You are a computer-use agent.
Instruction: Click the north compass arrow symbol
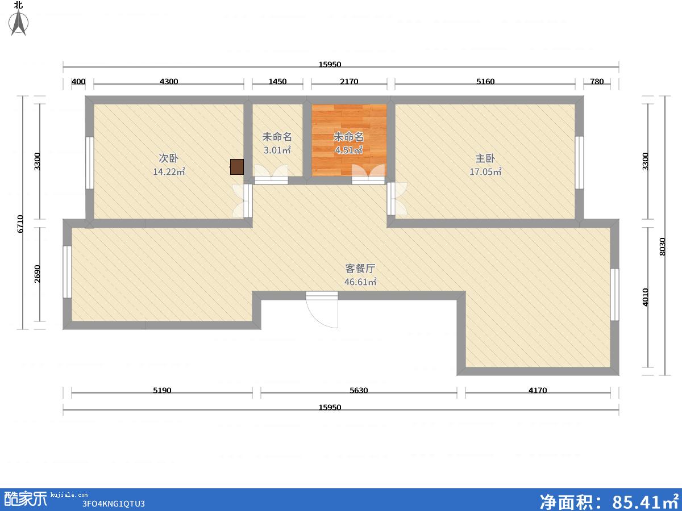pyautogui.click(x=19, y=22)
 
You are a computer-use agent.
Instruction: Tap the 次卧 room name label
pyautogui.click(x=168, y=158)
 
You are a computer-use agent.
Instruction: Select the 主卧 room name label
pyautogui.click(x=485, y=158)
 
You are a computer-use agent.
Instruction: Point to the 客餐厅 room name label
pyautogui.click(x=360, y=269)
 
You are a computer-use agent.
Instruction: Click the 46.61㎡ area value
pyautogui.click(x=360, y=282)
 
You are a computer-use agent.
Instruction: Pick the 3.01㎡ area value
pyautogui.click(x=277, y=150)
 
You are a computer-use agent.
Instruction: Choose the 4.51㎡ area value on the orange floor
pyautogui.click(x=348, y=150)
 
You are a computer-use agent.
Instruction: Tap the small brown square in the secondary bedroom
pyautogui.click(x=237, y=167)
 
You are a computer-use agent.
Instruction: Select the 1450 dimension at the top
pyautogui.click(x=277, y=81)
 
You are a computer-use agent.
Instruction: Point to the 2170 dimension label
pyautogui.click(x=349, y=81)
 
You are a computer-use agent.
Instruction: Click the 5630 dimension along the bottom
pyautogui.click(x=359, y=390)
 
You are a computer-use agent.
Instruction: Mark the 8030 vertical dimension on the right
pyautogui.click(x=663, y=246)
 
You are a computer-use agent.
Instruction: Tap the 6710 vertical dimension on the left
pyautogui.click(x=20, y=224)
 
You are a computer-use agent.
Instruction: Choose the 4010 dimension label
pyautogui.click(x=645, y=297)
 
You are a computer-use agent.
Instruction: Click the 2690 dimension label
pyautogui.click(x=37, y=274)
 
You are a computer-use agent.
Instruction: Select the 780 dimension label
pyautogui.click(x=597, y=81)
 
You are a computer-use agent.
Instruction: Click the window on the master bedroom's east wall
pyautogui.click(x=579, y=162)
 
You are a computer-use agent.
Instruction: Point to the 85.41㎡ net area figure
pyautogui.click(x=645, y=501)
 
